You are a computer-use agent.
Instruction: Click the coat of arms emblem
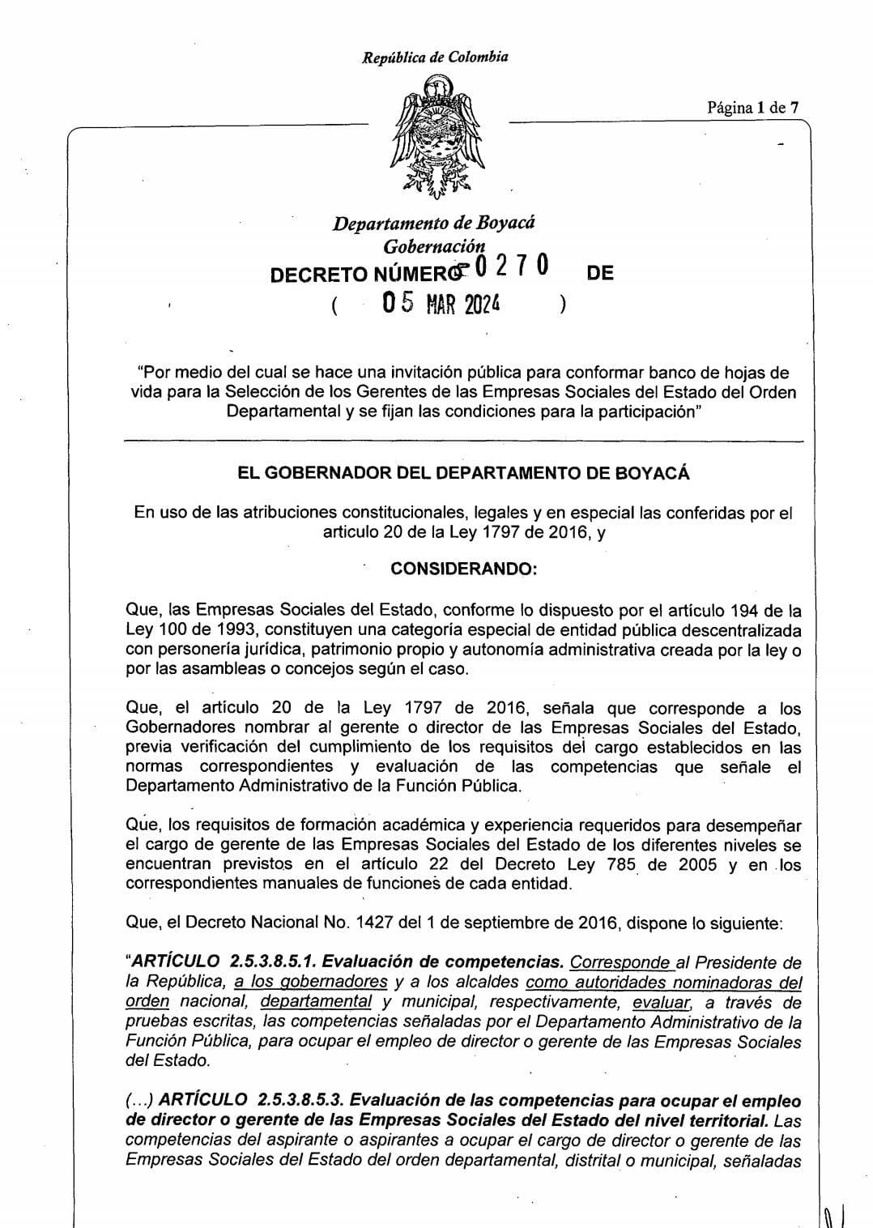[435, 135]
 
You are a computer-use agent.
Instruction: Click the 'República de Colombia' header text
[435, 58]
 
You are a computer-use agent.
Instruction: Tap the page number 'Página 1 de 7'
[752, 107]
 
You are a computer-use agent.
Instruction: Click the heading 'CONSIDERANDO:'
[463, 569]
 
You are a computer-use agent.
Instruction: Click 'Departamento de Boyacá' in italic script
[434, 223]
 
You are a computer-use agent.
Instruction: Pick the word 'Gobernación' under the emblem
[435, 245]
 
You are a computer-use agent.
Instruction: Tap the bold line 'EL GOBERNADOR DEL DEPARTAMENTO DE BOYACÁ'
[463, 474]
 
